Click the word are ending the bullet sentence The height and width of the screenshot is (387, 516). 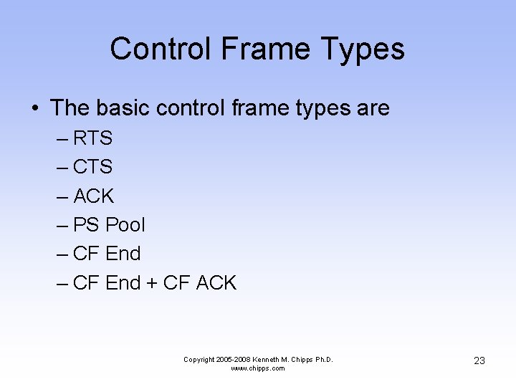pyautogui.click(x=372, y=108)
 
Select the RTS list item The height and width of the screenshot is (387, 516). pyautogui.click(x=92, y=138)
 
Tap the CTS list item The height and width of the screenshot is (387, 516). pyautogui.click(x=92, y=167)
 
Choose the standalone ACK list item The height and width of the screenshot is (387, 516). pyautogui.click(x=93, y=196)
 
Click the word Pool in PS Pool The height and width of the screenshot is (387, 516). pyautogui.click(x=125, y=225)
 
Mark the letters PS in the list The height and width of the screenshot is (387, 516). pyautogui.click(x=86, y=225)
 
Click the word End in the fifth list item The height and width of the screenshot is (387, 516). pyautogui.click(x=123, y=254)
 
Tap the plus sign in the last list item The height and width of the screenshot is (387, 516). pyautogui.click(x=152, y=284)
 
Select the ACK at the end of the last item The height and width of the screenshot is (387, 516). pyautogui.click(x=216, y=283)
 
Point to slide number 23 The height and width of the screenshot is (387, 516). pyautogui.click(x=479, y=360)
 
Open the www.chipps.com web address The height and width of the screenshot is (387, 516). pyautogui.click(x=258, y=368)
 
